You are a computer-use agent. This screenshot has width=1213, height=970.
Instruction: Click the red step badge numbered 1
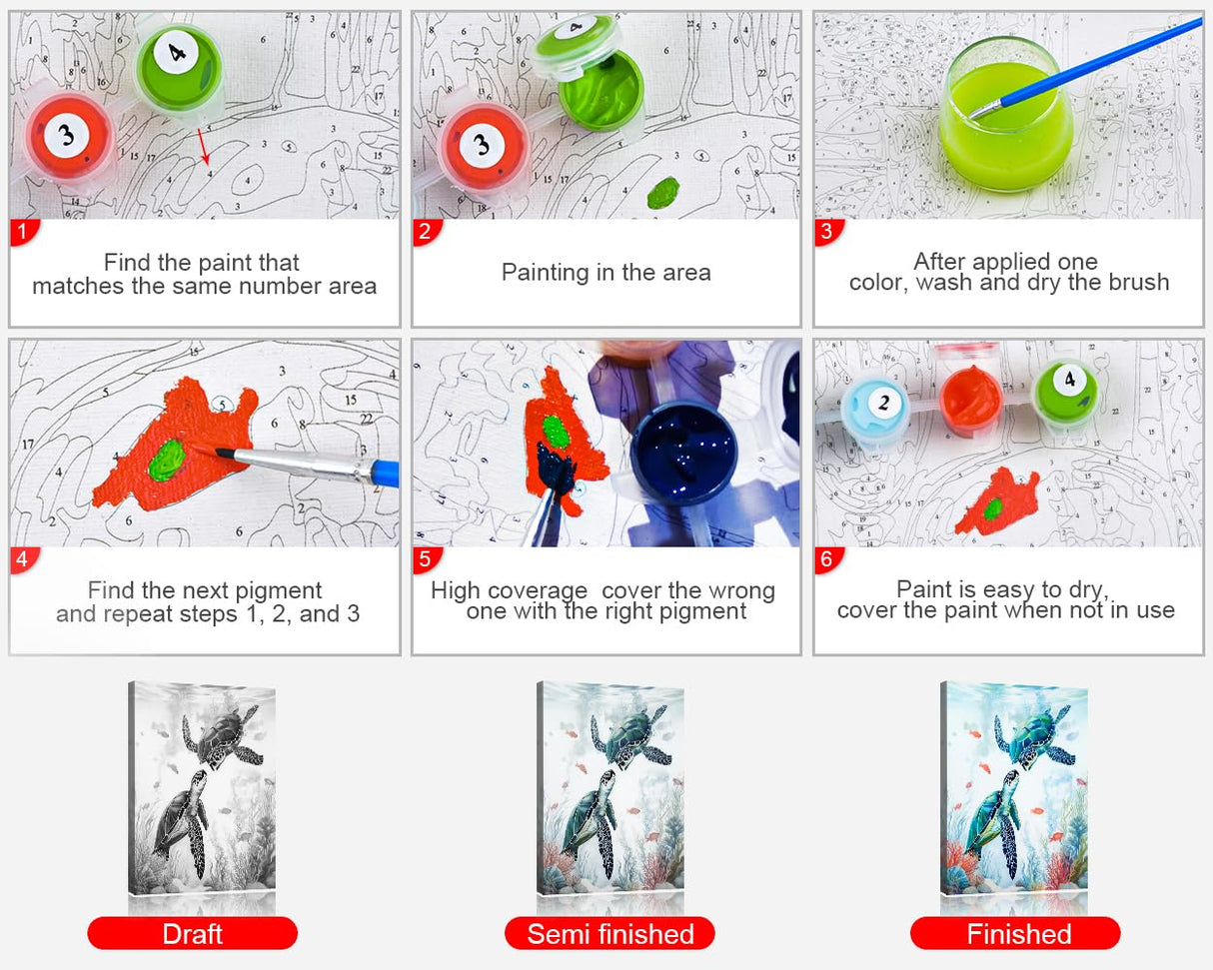pyautogui.click(x=24, y=232)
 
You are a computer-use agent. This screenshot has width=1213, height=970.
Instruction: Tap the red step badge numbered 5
pyautogui.click(x=426, y=559)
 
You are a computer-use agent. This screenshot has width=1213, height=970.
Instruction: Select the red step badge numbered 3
pyautogui.click(x=828, y=232)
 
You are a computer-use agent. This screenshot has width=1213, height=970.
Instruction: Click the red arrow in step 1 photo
pyautogui.click(x=204, y=147)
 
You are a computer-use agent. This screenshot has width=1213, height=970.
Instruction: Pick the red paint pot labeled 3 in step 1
pyautogui.click(x=68, y=137)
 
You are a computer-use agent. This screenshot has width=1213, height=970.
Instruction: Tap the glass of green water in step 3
pyautogui.click(x=1006, y=115)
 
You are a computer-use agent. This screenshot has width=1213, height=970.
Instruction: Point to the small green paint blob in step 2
pyautogui.click(x=662, y=192)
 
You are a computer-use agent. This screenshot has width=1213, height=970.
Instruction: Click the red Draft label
pyautogui.click(x=192, y=934)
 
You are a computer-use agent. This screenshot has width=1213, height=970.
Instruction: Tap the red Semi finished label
pyautogui.click(x=609, y=934)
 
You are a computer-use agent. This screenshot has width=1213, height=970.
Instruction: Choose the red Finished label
pyautogui.click(x=1015, y=934)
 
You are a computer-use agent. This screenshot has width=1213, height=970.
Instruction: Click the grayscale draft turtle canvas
pyautogui.click(x=202, y=788)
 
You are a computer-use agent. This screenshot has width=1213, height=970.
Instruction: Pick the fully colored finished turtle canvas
pyautogui.click(x=1014, y=788)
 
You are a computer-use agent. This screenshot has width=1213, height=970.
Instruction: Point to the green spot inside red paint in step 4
pyautogui.click(x=166, y=461)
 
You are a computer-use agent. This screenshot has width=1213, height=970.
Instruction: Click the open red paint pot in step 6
pyautogui.click(x=971, y=400)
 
